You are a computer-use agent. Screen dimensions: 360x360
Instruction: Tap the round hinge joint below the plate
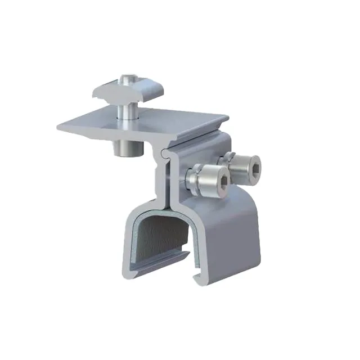click(163, 152)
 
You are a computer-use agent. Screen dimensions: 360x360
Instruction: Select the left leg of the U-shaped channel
click(128, 242)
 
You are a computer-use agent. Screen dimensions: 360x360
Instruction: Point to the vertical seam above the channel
click(168, 180)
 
